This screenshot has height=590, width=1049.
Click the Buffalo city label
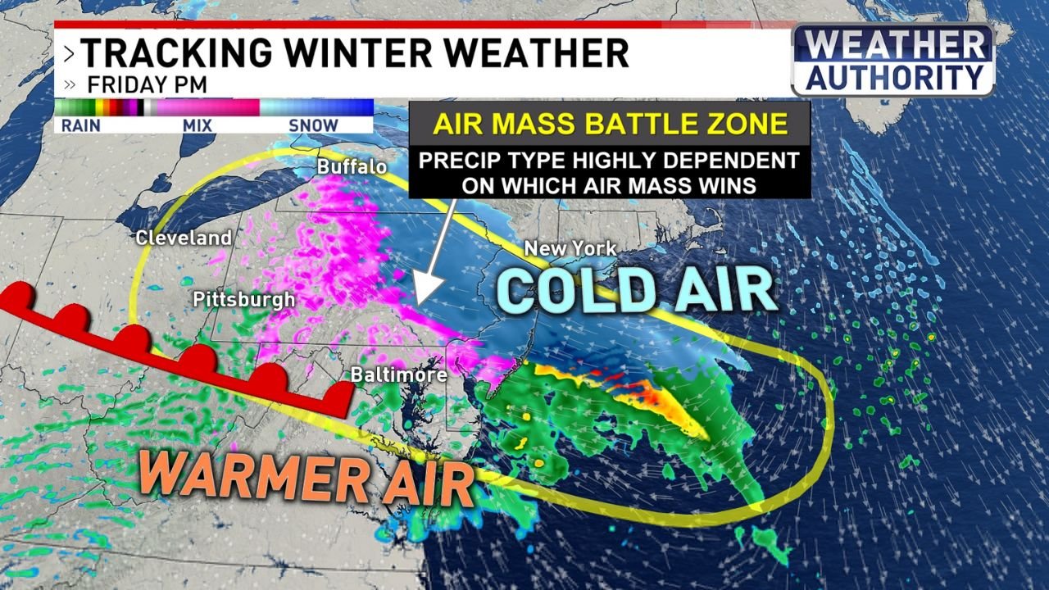point(352,167)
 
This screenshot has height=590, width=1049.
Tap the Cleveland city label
point(184,238)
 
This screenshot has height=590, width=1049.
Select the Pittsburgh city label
point(243,300)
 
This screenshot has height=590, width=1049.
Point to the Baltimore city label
point(399,375)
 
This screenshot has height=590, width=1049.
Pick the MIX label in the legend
point(198,125)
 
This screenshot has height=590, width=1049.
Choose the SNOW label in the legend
point(313,125)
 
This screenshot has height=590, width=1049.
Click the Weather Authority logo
point(892,60)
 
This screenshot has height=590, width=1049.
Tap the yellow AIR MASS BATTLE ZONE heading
point(610,125)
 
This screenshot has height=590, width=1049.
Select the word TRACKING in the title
point(173,53)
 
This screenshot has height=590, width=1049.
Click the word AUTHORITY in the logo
point(894,78)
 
